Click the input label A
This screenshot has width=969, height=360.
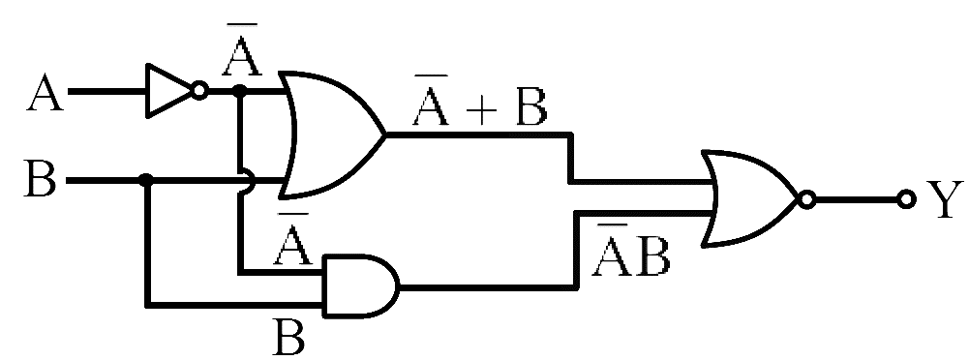coord(45,94)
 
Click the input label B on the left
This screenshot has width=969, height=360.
coord(40,178)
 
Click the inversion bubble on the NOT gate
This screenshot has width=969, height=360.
coord(198,91)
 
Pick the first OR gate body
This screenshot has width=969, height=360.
coord(332,135)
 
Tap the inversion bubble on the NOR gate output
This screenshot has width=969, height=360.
coord(805,199)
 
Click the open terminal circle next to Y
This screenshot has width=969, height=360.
coord(906,199)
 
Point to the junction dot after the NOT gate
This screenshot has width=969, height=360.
coord(240,91)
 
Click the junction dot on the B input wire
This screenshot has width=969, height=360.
coord(146,180)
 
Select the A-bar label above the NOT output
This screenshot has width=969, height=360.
coord(242,49)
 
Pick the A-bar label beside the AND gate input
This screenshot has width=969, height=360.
coord(293,240)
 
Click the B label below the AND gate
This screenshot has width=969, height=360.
coord(288,337)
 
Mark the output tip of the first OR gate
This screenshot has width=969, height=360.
coord(386,135)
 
